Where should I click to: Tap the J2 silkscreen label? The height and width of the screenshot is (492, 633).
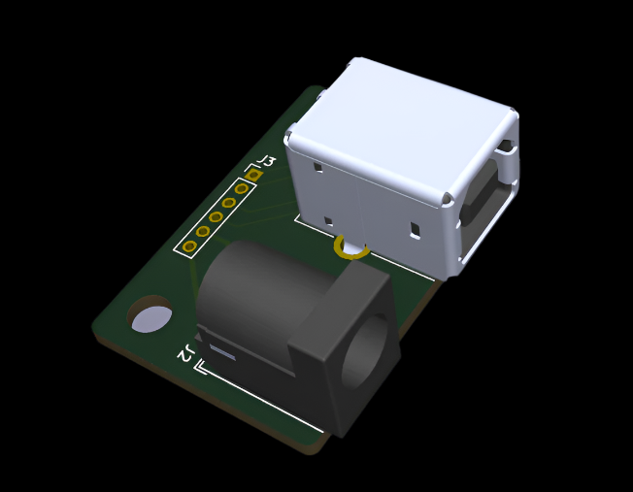point(184,354)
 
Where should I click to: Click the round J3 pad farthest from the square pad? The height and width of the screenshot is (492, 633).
point(189,246)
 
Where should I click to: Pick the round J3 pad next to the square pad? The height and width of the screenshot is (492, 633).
point(241,189)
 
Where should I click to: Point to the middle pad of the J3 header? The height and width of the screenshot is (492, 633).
point(216,217)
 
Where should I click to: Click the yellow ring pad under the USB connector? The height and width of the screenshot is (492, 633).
point(350,251)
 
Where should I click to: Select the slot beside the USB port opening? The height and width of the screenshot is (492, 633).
point(505,149)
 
